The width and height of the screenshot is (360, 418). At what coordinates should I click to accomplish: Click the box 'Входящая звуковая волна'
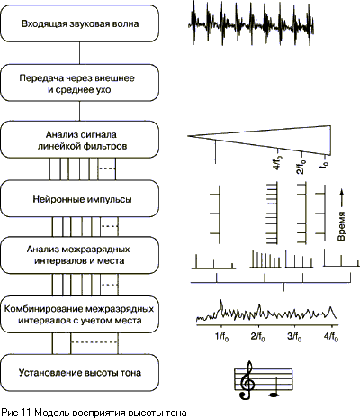[79, 23]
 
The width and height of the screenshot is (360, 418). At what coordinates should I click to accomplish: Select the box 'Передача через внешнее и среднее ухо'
[79, 83]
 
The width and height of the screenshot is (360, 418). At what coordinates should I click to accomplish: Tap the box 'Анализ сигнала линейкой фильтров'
[79, 140]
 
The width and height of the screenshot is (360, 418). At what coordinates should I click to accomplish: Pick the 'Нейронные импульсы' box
[79, 199]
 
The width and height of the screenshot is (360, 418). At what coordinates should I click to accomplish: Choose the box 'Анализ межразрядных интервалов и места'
[79, 255]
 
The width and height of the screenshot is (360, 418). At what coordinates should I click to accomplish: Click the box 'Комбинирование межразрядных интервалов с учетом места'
[79, 314]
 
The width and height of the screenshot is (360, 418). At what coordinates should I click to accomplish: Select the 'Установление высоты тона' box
[79, 372]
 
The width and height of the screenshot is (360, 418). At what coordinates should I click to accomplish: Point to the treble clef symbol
[247, 380]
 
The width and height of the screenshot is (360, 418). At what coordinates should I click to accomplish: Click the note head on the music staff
[274, 395]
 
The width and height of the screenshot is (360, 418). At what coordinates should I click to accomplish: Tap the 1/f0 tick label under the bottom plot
[222, 337]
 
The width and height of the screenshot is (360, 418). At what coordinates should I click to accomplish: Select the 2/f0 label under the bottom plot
[258, 337]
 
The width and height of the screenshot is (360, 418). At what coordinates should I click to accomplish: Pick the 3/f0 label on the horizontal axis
[294, 337]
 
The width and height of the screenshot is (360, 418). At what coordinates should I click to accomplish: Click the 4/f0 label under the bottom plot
[331, 337]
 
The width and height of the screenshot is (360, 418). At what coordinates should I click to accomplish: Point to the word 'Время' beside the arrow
[341, 226]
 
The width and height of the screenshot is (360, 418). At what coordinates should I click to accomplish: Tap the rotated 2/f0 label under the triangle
[301, 167]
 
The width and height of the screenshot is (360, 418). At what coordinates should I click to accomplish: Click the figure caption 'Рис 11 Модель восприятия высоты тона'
[94, 413]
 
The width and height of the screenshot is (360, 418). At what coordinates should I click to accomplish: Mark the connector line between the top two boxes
[79, 53]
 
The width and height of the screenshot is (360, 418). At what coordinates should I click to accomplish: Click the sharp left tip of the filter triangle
[188, 136]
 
